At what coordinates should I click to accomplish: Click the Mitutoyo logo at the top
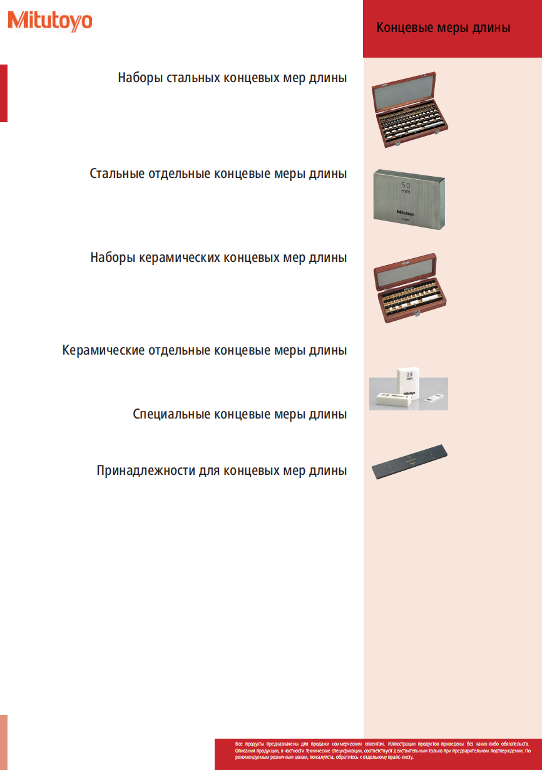50,21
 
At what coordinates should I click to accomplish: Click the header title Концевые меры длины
443,28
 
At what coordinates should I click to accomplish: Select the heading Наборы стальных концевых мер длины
232,78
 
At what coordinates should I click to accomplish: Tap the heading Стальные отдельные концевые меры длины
218,174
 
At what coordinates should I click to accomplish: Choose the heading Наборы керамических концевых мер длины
218,258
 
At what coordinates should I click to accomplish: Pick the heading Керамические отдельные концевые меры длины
205,350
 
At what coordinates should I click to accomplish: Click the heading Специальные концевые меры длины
240,414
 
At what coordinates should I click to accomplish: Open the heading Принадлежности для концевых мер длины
222,471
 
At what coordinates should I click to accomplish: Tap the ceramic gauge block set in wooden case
411,288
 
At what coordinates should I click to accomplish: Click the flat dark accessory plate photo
411,462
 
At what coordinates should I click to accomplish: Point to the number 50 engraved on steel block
406,186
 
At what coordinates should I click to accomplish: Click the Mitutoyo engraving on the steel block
406,211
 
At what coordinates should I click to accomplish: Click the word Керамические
103,350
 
